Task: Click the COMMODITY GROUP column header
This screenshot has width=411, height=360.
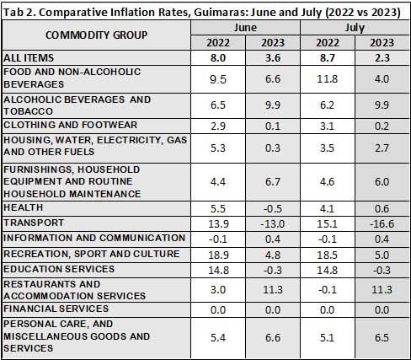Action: pyautogui.click(x=96, y=35)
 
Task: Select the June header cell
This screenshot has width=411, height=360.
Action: pyautogui.click(x=245, y=28)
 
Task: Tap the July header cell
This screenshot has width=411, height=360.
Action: pyautogui.click(x=355, y=28)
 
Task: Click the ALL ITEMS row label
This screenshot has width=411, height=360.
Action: pyautogui.click(x=29, y=58)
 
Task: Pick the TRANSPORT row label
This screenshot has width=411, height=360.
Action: pyautogui.click(x=34, y=223)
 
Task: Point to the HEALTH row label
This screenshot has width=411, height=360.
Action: pyautogui.click(x=24, y=207)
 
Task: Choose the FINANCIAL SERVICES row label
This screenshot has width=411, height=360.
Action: pyautogui.click(x=56, y=309)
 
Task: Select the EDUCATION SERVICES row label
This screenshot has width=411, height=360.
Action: pyautogui.click(x=59, y=269)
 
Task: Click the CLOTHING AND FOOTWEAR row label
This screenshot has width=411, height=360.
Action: pyautogui.click(x=70, y=125)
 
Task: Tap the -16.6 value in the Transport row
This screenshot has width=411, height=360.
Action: pyautogui.click(x=382, y=224)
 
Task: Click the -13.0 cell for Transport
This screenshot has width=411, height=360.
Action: pyautogui.click(x=272, y=224)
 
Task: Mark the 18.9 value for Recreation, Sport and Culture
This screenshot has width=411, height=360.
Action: pyautogui.click(x=218, y=255)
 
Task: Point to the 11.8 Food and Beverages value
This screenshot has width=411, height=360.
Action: pyautogui.click(x=328, y=78)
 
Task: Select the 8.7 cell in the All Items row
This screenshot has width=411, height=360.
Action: pyautogui.click(x=328, y=58)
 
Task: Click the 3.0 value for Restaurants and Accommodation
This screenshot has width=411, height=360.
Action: pyautogui.click(x=218, y=289)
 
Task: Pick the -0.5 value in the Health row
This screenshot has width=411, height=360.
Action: pyautogui.click(x=273, y=209)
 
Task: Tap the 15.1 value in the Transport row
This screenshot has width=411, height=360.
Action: pyautogui.click(x=328, y=224)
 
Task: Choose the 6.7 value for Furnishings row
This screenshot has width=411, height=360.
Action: pyautogui.click(x=273, y=181)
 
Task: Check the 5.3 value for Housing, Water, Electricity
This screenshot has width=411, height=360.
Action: pyautogui.click(x=218, y=148)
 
